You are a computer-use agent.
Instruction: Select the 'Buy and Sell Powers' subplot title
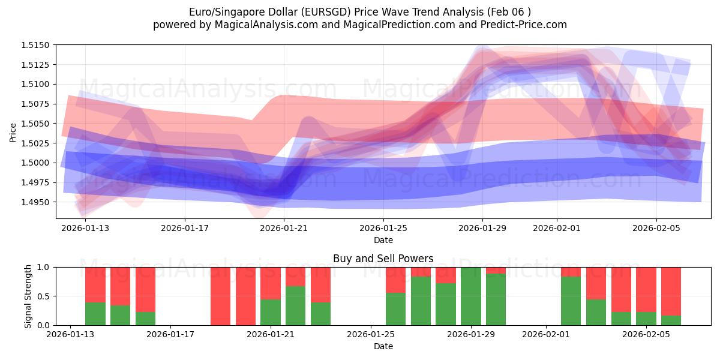pyautogui.click(x=383, y=259)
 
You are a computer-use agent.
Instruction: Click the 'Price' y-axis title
pyautogui.click(x=13, y=133)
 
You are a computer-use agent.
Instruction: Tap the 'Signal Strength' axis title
pyautogui.click(x=28, y=296)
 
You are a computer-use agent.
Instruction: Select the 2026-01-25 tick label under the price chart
pyautogui.click(x=383, y=228)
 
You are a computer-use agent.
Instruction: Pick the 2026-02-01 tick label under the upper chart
pyautogui.click(x=557, y=228)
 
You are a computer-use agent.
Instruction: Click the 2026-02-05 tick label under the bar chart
pyautogui.click(x=646, y=334)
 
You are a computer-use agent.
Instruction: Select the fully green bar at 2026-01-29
pyautogui.click(x=471, y=296)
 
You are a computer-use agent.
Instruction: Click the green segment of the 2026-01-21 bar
pyautogui.click(x=271, y=312)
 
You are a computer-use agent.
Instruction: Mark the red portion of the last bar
pyautogui.click(x=671, y=291)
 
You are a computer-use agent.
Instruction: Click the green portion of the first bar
pyautogui.click(x=95, y=314)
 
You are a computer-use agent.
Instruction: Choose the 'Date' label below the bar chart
pyautogui.click(x=383, y=346)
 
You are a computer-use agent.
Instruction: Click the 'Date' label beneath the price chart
pyautogui.click(x=383, y=240)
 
